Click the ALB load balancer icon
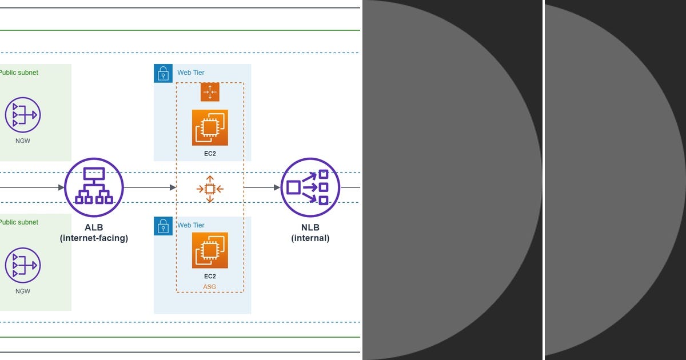pyautogui.click(x=94, y=187)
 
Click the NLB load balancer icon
pyautogui.click(x=310, y=187)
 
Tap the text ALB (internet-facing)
pyautogui.click(x=94, y=233)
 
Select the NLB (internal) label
pyautogui.click(x=310, y=233)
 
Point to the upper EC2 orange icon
pyautogui.click(x=210, y=127)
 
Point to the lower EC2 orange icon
pyautogui.click(x=210, y=250)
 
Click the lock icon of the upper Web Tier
pyautogui.click(x=163, y=73)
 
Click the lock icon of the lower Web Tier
pyautogui.click(x=163, y=226)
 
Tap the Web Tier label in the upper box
pyautogui.click(x=190, y=73)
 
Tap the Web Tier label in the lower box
pyautogui.click(x=190, y=225)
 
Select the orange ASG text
pyautogui.click(x=210, y=287)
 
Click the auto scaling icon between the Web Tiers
pyautogui.click(x=210, y=188)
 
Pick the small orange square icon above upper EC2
pyautogui.click(x=210, y=92)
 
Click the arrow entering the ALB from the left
pyautogui.click(x=34, y=187)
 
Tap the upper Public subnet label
pyautogui.click(x=18, y=73)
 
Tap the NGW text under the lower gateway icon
pyautogui.click(x=23, y=291)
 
